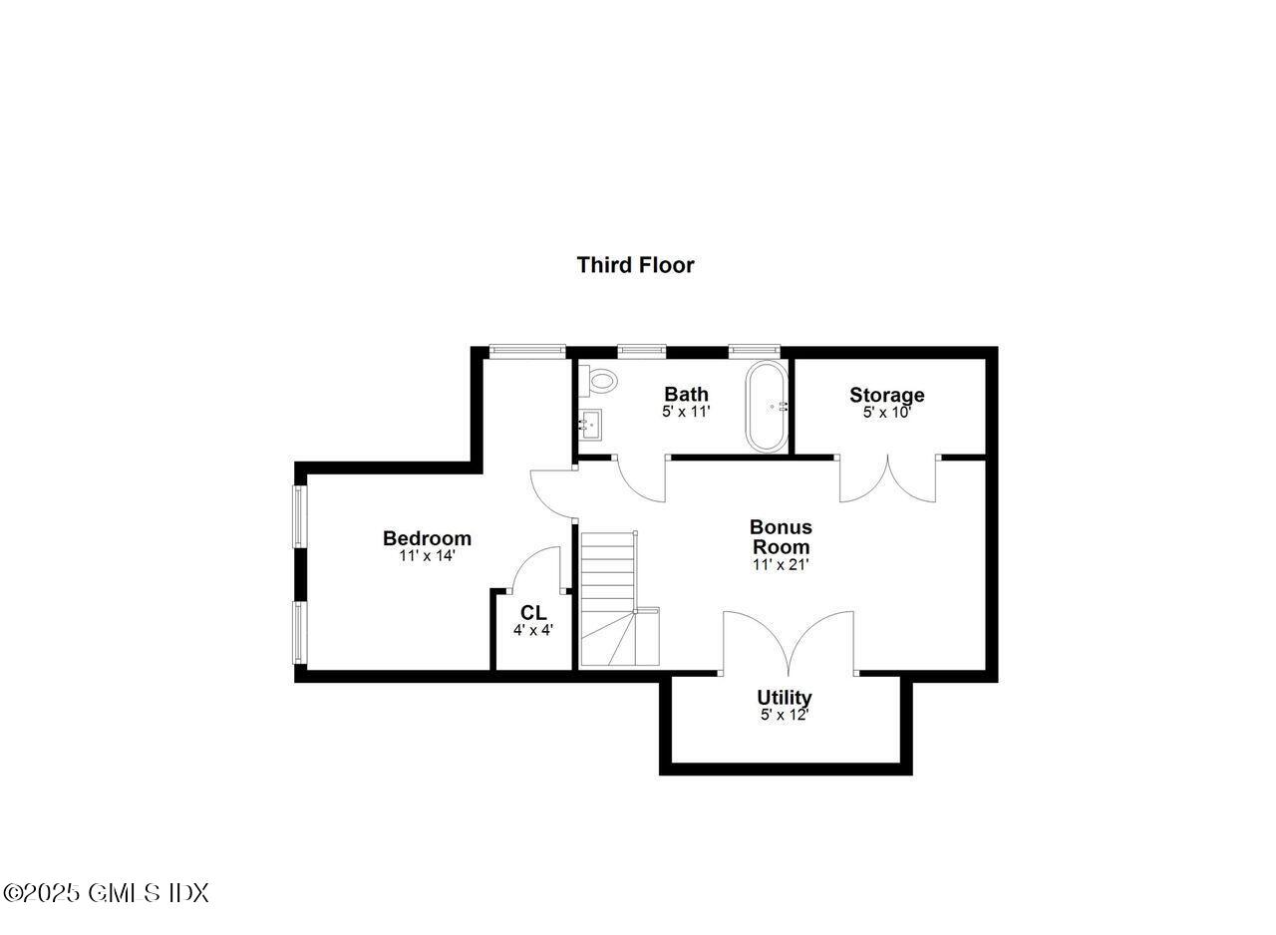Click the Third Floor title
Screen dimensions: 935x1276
[635, 265]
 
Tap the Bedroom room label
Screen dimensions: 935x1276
[427, 538]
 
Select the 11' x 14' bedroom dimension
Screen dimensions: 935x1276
[427, 556]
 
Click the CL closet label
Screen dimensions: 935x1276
[533, 612]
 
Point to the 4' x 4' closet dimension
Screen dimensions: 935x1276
[533, 630]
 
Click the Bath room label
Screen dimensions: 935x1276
[686, 394]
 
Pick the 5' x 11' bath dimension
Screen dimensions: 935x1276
[686, 411]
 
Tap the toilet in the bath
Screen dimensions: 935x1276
[600, 379]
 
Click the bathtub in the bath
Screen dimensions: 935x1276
[767, 407]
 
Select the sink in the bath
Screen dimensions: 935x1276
[590, 425]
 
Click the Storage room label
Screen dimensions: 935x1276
[886, 395]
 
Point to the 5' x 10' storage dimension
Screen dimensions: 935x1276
[886, 412]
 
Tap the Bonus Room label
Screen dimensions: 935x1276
[781, 536]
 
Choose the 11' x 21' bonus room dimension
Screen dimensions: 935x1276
[781, 564]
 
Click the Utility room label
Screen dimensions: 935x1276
[784, 698]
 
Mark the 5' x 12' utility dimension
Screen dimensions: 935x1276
[784, 715]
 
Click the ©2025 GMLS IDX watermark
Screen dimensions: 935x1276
[106, 893]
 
